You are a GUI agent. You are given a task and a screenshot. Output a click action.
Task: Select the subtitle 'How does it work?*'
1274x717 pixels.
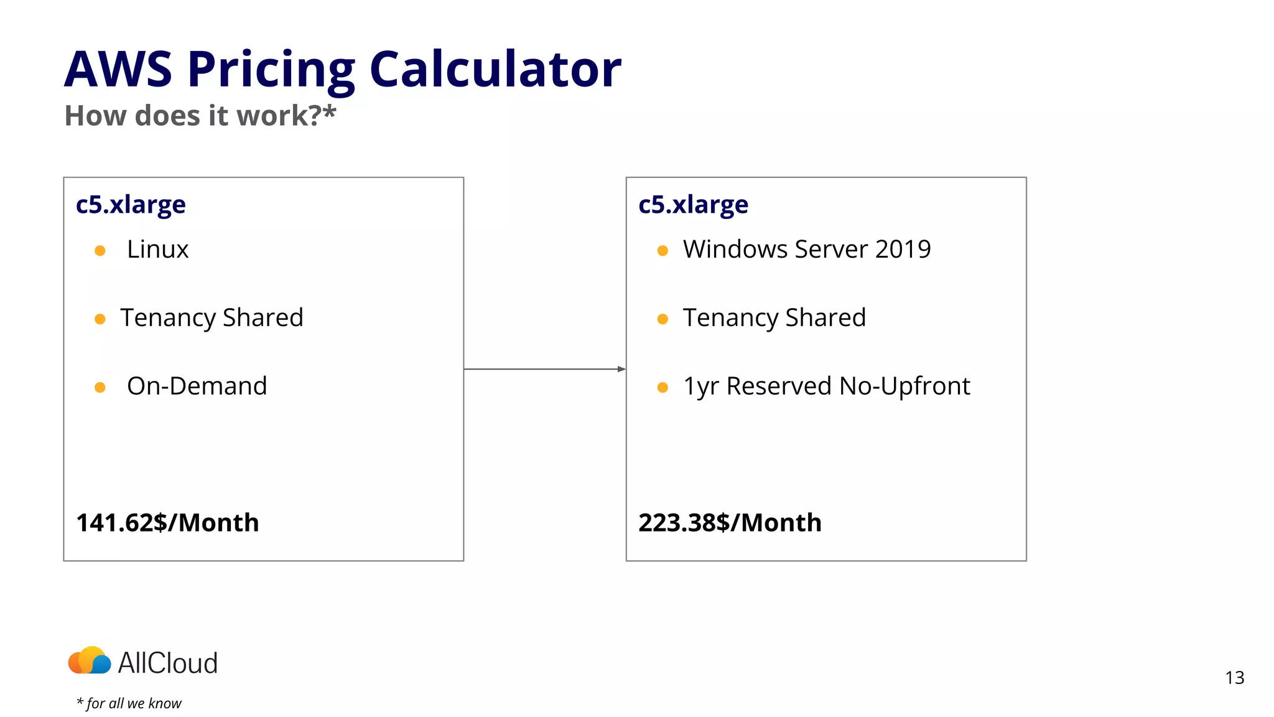(x=200, y=116)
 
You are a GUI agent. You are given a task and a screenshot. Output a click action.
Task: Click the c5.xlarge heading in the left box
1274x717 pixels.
(x=131, y=205)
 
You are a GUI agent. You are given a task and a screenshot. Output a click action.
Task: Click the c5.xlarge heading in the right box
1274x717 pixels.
(x=693, y=205)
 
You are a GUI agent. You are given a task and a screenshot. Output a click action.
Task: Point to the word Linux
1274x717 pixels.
(x=157, y=250)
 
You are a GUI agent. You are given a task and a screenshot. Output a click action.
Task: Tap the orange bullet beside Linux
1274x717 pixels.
(x=100, y=251)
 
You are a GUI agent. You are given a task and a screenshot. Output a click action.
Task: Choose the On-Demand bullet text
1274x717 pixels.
(x=197, y=386)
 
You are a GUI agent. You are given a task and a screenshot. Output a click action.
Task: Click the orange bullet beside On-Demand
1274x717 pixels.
(x=100, y=388)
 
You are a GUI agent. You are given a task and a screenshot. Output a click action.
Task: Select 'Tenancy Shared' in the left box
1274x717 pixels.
(x=212, y=318)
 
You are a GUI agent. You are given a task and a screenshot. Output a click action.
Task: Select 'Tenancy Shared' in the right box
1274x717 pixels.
(x=774, y=318)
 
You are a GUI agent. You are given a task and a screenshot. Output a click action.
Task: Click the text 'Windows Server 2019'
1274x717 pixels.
(x=807, y=250)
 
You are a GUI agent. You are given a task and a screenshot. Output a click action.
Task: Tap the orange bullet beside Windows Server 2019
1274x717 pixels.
(x=663, y=251)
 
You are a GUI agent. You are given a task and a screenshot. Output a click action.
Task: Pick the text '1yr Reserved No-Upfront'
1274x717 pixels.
(x=826, y=387)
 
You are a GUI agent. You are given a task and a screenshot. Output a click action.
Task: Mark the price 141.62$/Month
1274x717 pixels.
(x=167, y=523)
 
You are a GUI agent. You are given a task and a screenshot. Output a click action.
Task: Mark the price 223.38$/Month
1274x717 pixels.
(x=730, y=523)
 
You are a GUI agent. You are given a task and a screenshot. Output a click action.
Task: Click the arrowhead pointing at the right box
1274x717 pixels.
(x=621, y=369)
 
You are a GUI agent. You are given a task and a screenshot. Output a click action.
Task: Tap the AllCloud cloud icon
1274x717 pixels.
(x=90, y=661)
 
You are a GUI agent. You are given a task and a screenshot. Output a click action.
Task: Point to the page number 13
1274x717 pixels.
(x=1235, y=678)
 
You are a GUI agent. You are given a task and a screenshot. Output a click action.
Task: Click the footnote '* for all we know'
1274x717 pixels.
(x=129, y=703)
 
